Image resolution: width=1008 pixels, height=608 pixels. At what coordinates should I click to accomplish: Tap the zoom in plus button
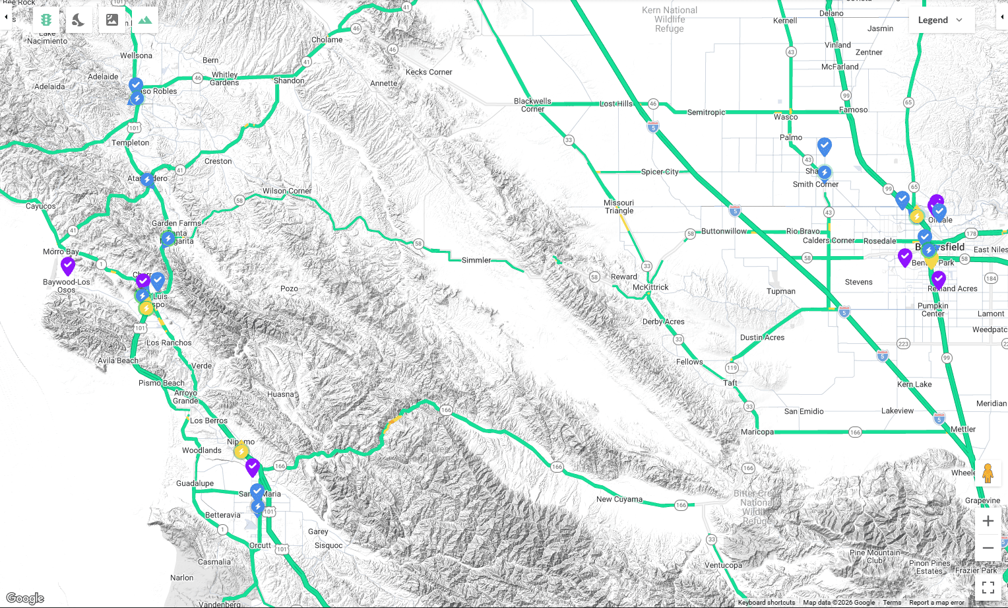[x=988, y=521]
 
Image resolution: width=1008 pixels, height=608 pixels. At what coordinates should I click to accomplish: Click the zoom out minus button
[x=988, y=548]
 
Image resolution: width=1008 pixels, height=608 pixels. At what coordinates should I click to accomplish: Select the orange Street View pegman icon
[x=988, y=473]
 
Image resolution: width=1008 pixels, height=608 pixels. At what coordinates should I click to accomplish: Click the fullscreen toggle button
[x=988, y=587]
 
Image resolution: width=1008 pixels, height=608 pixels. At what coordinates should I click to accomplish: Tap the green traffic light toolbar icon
[x=46, y=20]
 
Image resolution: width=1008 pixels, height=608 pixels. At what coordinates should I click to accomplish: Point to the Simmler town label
[x=476, y=260]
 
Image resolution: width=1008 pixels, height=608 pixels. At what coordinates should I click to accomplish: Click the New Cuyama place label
[x=619, y=499]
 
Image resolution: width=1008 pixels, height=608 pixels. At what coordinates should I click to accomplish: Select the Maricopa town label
[x=757, y=432]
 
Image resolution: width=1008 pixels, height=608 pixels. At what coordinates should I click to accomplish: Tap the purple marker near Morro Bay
[x=68, y=265]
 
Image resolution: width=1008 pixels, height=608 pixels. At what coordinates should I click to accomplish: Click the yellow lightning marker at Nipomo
[x=241, y=451]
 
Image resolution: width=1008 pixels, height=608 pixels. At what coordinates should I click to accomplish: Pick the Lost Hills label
[x=615, y=104]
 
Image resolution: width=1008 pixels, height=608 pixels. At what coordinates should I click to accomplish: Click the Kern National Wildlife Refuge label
[x=669, y=19]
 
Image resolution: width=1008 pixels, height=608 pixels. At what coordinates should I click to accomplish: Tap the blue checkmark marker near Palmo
[x=824, y=145]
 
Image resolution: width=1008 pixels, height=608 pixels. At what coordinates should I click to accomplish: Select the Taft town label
[x=730, y=383]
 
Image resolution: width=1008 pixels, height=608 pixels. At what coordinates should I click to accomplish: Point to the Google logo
[x=25, y=598]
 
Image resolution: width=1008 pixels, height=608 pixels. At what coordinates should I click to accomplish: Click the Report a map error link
[x=936, y=602]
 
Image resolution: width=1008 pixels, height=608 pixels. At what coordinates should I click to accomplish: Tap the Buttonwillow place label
[x=724, y=231]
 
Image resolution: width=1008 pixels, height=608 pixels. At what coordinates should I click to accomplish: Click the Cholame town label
[x=327, y=40]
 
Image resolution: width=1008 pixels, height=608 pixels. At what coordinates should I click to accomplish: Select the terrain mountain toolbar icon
[x=145, y=20]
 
